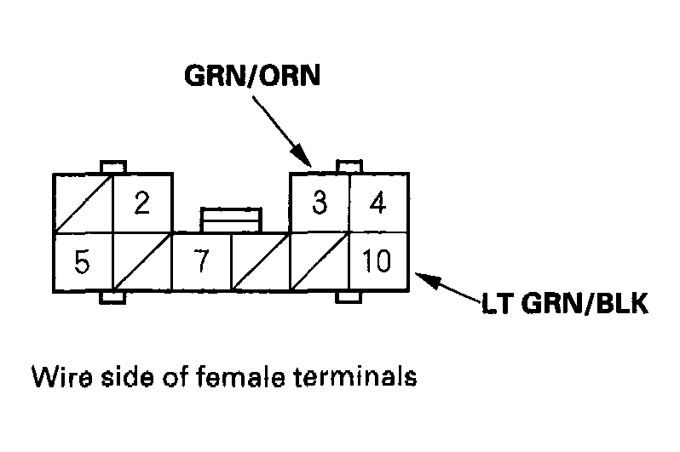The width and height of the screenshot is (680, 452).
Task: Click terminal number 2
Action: click(x=142, y=203)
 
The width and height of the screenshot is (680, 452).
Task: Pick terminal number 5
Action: click(x=82, y=261)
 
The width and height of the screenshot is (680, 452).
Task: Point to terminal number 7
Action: click(x=201, y=261)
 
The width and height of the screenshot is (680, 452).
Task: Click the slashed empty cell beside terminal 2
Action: click(x=83, y=203)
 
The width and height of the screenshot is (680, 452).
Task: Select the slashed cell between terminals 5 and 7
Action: click(x=142, y=261)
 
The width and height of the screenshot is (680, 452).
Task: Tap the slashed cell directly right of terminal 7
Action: click(x=261, y=261)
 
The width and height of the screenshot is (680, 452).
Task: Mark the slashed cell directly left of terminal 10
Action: click(x=320, y=261)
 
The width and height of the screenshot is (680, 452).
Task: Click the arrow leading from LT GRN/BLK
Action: click(x=452, y=286)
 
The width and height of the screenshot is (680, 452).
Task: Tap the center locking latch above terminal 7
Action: click(x=231, y=218)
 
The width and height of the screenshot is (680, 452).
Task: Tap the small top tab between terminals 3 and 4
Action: click(x=349, y=165)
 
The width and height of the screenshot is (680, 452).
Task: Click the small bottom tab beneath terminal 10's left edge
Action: click(x=349, y=297)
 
